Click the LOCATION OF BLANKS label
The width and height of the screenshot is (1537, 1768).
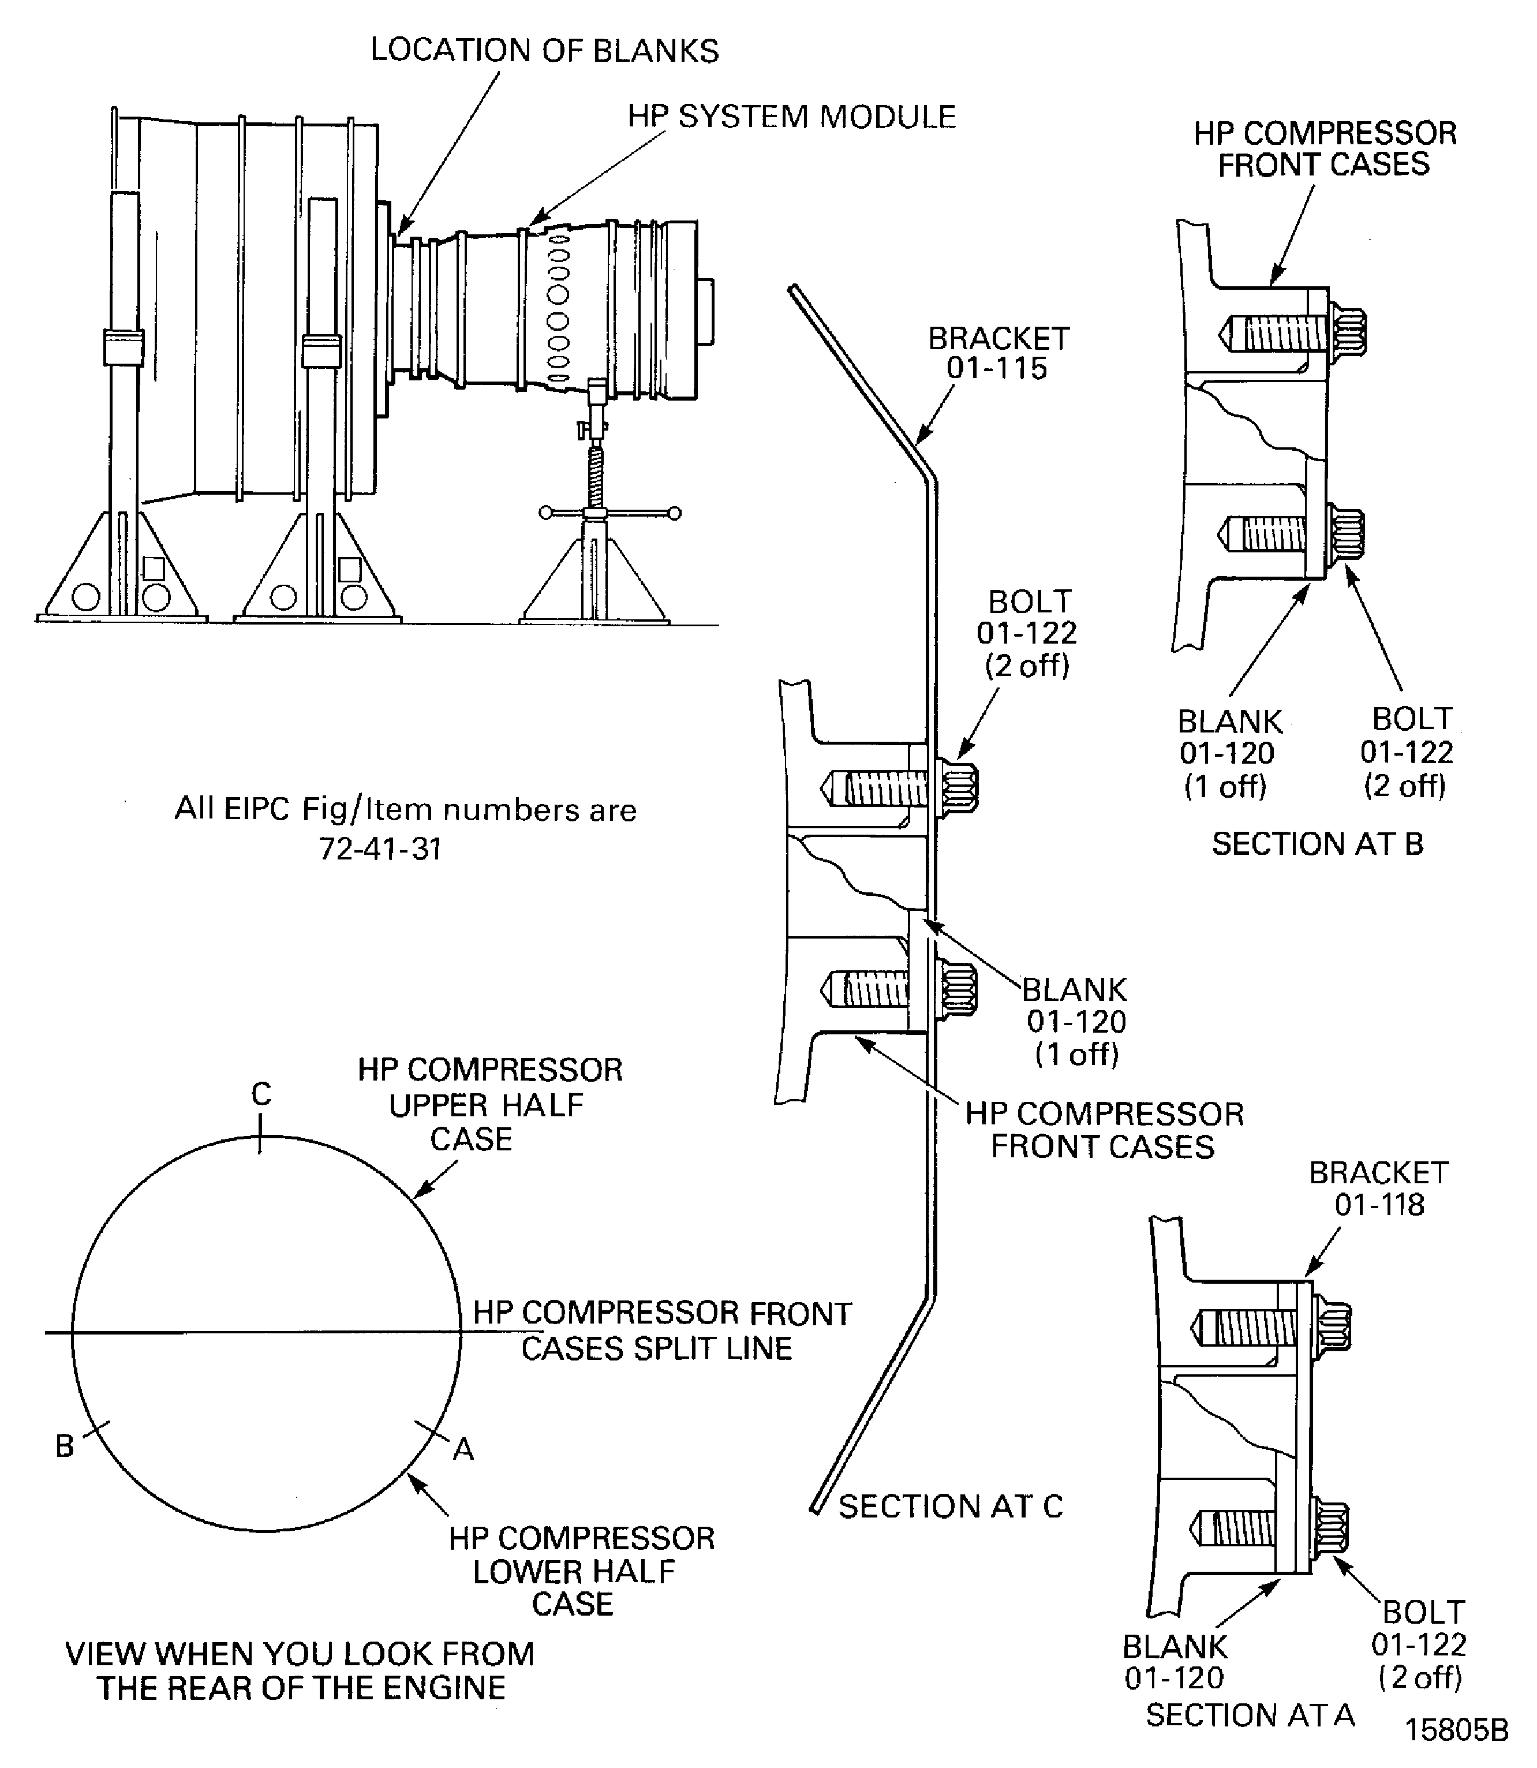(x=545, y=51)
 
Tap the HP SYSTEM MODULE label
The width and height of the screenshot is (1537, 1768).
(x=791, y=117)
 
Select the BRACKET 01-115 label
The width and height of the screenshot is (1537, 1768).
(x=999, y=353)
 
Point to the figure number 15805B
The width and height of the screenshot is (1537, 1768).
(x=1456, y=1730)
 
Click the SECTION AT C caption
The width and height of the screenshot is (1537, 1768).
(x=951, y=1507)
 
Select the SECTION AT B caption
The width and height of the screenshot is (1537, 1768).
(x=1318, y=844)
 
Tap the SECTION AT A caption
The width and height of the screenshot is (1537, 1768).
(x=1250, y=1715)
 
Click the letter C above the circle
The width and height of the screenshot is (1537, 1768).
(x=261, y=1094)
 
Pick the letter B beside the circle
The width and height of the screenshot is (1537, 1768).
(x=65, y=1446)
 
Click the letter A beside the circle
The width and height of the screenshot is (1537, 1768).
(x=463, y=1450)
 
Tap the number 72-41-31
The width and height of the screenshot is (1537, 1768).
(x=380, y=849)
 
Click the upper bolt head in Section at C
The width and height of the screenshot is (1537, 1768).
(x=957, y=785)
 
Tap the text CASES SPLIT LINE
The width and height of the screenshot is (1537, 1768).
(x=656, y=1348)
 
